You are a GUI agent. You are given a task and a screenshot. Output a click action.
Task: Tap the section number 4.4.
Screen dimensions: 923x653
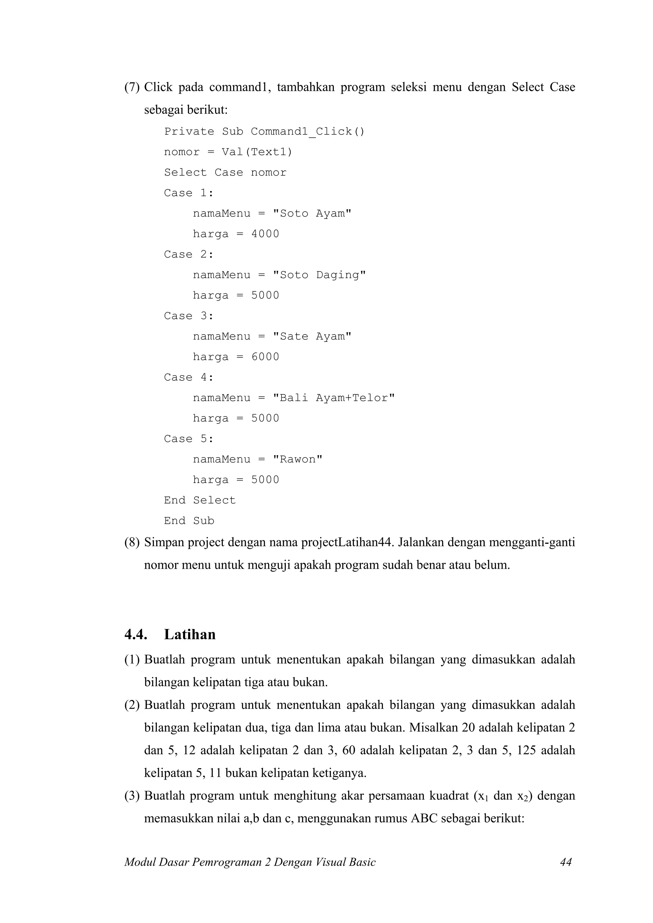click(136, 634)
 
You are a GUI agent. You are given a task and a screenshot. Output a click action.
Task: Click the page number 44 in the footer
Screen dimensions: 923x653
click(565, 862)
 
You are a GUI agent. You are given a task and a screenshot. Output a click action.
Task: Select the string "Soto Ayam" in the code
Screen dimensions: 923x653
click(312, 213)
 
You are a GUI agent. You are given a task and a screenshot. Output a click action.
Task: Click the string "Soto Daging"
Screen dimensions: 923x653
click(319, 275)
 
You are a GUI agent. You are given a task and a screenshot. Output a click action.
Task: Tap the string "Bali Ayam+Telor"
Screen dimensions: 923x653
click(334, 398)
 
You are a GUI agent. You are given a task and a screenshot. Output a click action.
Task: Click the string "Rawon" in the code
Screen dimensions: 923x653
click(297, 459)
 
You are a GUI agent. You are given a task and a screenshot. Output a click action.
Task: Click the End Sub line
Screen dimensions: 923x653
click(189, 521)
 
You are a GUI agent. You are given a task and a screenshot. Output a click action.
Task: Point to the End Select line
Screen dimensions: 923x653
click(200, 501)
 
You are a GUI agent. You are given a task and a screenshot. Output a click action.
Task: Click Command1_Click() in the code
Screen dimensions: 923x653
click(307, 132)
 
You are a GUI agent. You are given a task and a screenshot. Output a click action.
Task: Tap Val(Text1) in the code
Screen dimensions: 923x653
click(257, 152)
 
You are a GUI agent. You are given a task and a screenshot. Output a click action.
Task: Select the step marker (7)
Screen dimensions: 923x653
click(132, 87)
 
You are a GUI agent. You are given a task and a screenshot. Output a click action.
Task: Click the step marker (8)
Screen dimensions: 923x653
click(132, 542)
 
